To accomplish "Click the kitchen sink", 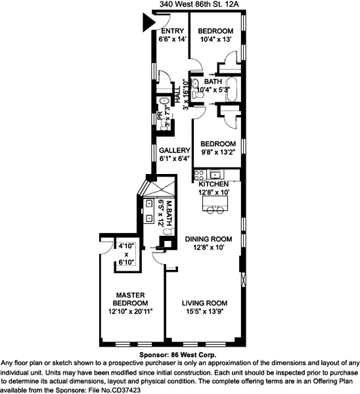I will click(214, 175).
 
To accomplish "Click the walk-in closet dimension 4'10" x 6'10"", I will click(125, 254).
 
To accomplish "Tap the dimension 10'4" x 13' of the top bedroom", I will click(216, 39).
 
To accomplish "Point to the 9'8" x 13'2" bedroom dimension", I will click(217, 152).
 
